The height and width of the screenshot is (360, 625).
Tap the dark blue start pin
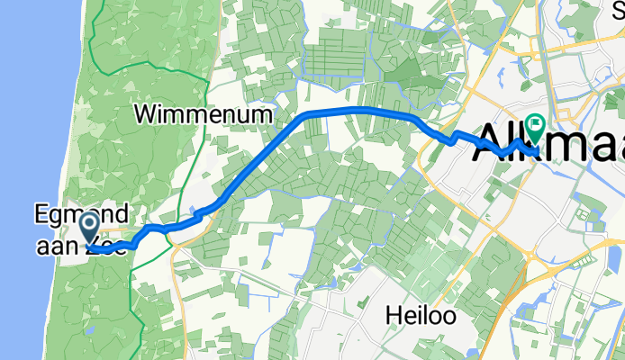90,226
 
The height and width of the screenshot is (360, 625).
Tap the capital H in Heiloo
392,316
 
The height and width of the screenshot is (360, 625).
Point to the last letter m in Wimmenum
263,115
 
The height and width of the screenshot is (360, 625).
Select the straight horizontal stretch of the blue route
360,109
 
